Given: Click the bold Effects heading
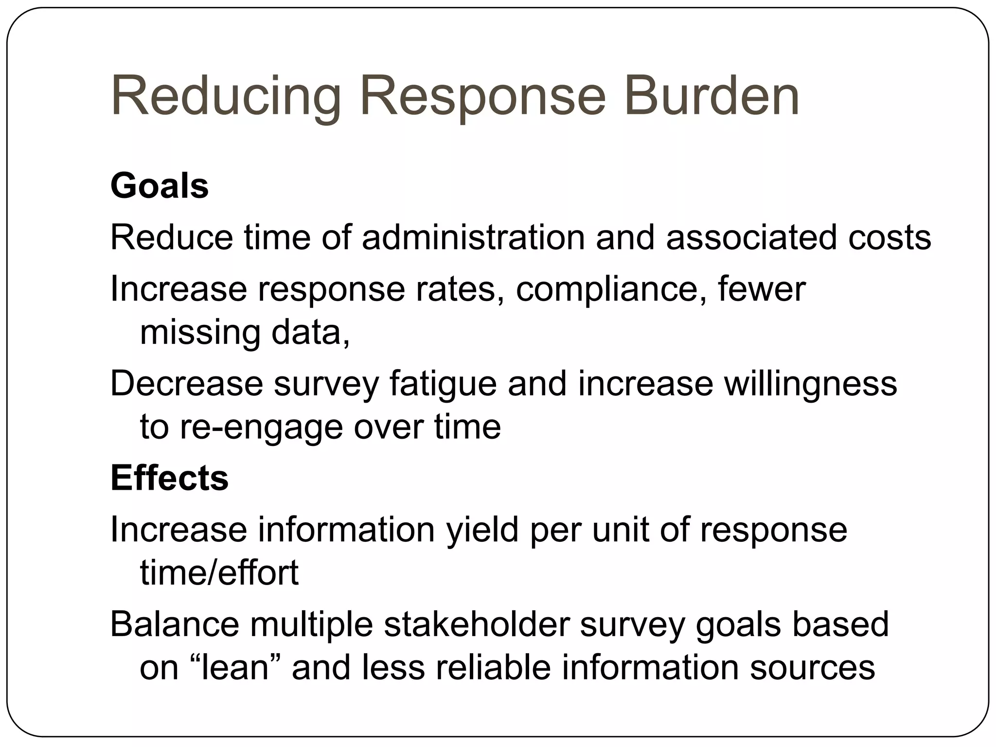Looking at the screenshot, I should (x=169, y=478).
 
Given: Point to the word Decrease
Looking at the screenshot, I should (x=187, y=384).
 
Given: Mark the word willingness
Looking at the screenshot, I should (x=810, y=384).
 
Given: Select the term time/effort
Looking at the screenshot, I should (x=219, y=572).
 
